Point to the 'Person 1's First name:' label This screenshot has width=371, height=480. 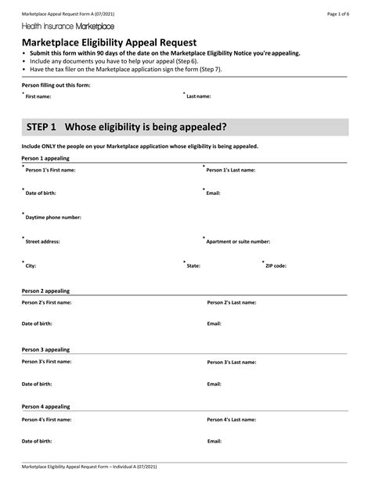pyautogui.click(x=51, y=169)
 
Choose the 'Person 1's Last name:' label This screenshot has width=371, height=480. pyautogui.click(x=231, y=169)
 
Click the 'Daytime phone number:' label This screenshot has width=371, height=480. pyautogui.click(x=53, y=218)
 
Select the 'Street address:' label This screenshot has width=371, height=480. pyautogui.click(x=43, y=242)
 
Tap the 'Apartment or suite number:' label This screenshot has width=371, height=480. pyautogui.click(x=238, y=242)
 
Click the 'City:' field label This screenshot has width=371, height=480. pyautogui.click(x=31, y=266)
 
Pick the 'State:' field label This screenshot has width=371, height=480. pyautogui.click(x=193, y=266)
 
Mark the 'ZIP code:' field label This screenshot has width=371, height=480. pyautogui.click(x=276, y=266)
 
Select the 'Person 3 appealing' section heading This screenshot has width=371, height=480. pyautogui.click(x=45, y=349)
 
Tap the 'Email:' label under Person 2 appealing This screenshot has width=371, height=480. pyautogui.click(x=214, y=323)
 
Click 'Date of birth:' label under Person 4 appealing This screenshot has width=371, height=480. pyautogui.click(x=37, y=442)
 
